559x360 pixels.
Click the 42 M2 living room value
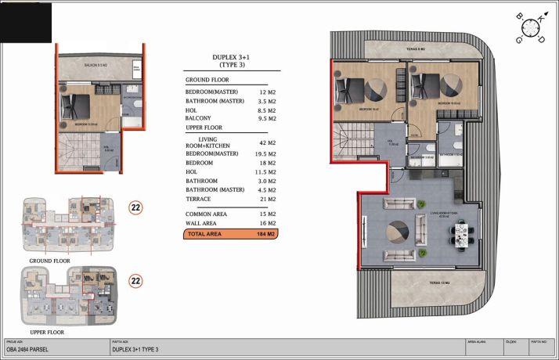click(x=266, y=143)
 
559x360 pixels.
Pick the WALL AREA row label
click(x=205, y=223)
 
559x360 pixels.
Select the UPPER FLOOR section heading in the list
click(x=204, y=127)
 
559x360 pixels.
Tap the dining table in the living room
click(x=462, y=232)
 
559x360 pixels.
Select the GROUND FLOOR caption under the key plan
click(x=50, y=261)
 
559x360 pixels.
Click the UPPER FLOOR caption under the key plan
click(x=50, y=333)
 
